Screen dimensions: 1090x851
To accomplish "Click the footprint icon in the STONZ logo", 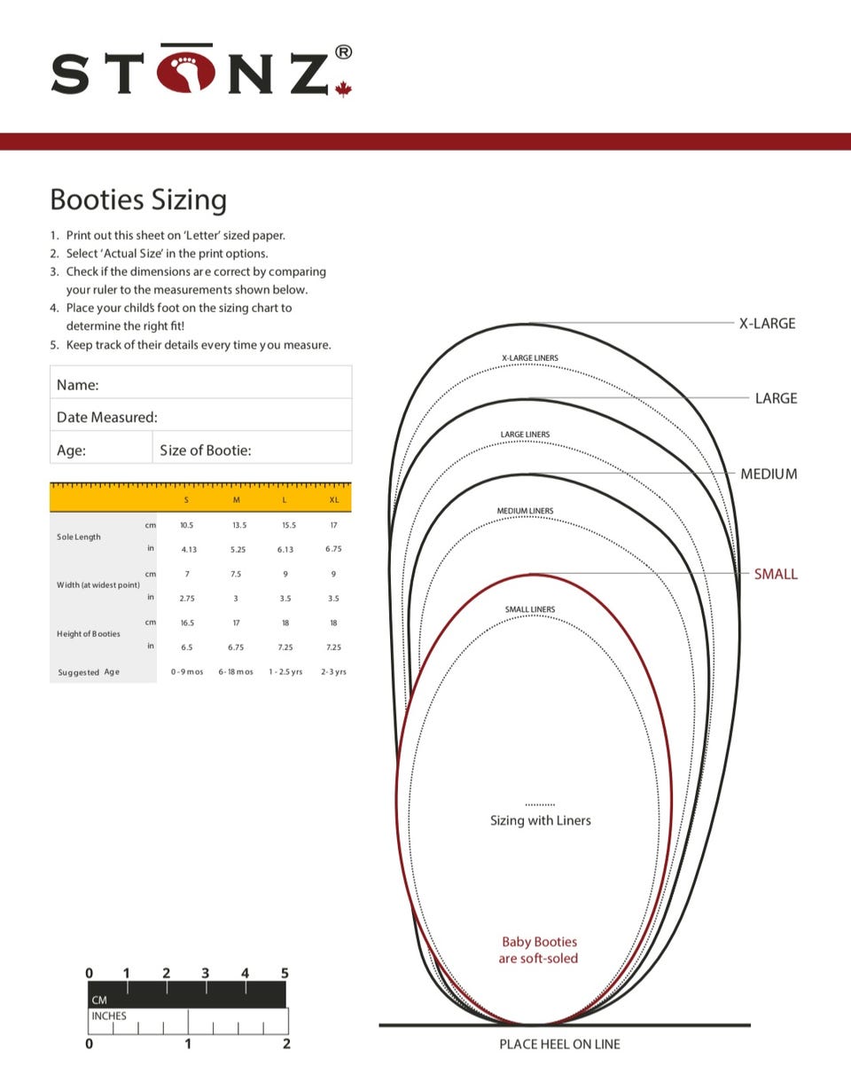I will pyautogui.click(x=186, y=73).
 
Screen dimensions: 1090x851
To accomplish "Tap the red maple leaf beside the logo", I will pyautogui.click(x=343, y=89).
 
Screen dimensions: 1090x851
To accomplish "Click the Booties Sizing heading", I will pyautogui.click(x=138, y=200).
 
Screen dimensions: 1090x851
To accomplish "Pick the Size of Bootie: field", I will pyautogui.click(x=252, y=450).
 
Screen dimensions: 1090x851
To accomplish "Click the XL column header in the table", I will pyautogui.click(x=334, y=500).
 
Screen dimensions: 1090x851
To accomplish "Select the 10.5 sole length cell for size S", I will pyautogui.click(x=186, y=525).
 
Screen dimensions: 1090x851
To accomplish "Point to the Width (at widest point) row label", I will pyautogui.click(x=98, y=585).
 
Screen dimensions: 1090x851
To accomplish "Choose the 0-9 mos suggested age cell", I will pyautogui.click(x=187, y=672).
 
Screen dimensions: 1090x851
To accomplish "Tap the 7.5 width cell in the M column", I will pyautogui.click(x=236, y=574).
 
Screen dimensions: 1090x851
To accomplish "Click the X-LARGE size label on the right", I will pyautogui.click(x=767, y=324).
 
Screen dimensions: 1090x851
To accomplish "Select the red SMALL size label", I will pyautogui.click(x=776, y=574).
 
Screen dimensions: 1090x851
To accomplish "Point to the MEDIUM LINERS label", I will pyautogui.click(x=525, y=512).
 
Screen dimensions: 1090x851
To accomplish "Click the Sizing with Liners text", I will pyautogui.click(x=540, y=820).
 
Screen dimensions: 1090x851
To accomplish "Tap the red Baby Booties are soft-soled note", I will pyautogui.click(x=539, y=950).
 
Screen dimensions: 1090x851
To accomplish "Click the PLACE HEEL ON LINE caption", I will pyautogui.click(x=559, y=1044).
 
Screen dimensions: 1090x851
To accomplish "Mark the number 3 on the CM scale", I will pyautogui.click(x=206, y=973).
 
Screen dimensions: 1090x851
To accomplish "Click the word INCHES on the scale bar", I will pyautogui.click(x=109, y=1016).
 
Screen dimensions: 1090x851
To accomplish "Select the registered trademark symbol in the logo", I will pyautogui.click(x=342, y=52).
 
